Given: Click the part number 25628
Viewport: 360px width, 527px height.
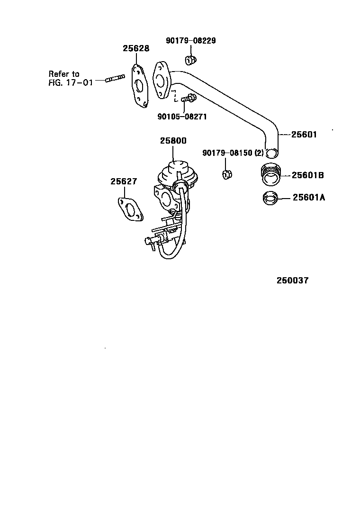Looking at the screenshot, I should [x=136, y=48].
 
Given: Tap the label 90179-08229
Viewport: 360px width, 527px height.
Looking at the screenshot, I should [x=190, y=41].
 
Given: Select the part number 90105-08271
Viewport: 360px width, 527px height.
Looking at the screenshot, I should [x=182, y=116].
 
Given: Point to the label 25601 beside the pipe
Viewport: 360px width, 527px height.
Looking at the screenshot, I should [x=304, y=135].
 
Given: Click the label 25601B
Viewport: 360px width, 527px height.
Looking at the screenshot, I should [x=307, y=175].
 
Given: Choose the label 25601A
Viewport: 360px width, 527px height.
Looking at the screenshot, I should [x=308, y=198].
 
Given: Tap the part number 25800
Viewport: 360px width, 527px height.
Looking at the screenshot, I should [x=173, y=141].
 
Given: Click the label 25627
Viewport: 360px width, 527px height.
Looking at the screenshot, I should [x=124, y=181].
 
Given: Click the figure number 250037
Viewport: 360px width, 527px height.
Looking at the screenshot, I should [x=292, y=281].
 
